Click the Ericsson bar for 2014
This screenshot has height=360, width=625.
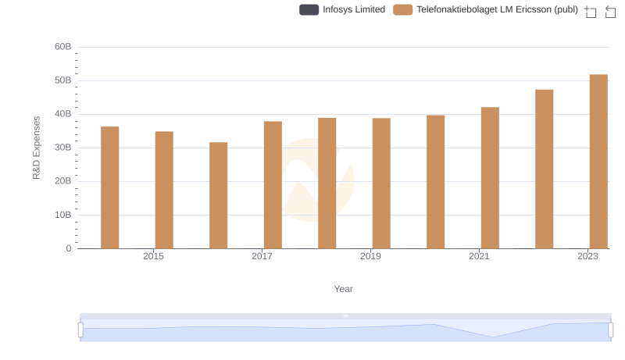tap(110, 187)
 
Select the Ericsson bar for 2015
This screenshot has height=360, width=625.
tap(164, 190)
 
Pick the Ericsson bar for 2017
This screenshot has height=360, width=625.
tap(273, 185)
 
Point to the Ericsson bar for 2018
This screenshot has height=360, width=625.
tap(327, 184)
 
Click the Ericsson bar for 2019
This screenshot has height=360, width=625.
tap(381, 184)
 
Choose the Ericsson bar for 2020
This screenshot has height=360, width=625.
tap(436, 182)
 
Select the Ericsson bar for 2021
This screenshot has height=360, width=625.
tap(490, 178)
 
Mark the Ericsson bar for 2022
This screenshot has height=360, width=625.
tap(545, 169)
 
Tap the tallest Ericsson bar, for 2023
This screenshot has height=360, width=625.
tap(598, 162)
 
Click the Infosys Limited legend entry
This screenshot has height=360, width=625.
tap(342, 9)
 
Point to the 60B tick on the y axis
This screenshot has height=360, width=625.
tap(62, 47)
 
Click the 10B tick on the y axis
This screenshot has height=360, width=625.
tap(62, 215)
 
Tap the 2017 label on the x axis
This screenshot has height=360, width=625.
tap(262, 256)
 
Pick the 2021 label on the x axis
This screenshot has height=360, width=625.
tap(479, 256)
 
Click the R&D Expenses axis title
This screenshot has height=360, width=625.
tap(37, 148)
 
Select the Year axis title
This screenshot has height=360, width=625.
tap(344, 289)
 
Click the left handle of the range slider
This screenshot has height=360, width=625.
tap(80, 330)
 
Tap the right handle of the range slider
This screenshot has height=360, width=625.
tap(611, 330)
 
